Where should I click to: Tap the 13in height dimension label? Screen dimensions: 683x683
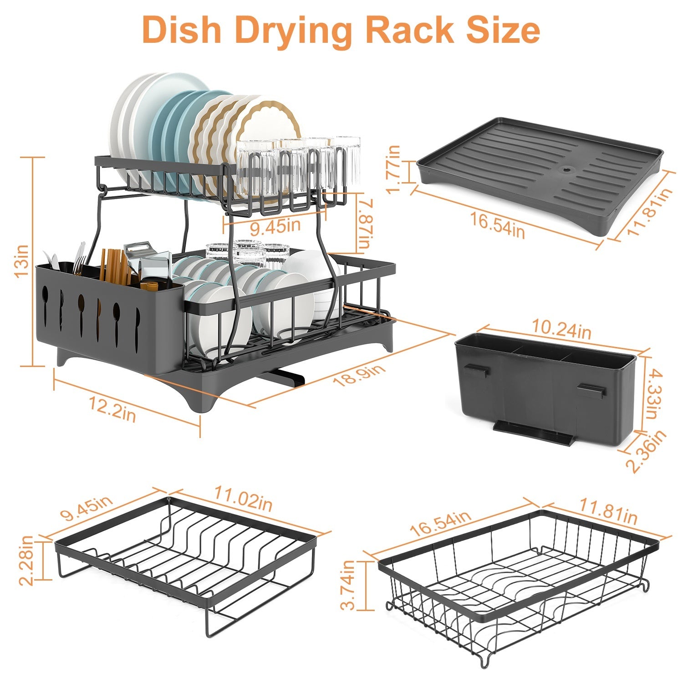point(21,261)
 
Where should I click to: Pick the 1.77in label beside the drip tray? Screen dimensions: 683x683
point(394,168)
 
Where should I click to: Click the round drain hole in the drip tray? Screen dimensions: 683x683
point(566,169)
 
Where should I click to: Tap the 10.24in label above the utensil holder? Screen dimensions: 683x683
point(561,330)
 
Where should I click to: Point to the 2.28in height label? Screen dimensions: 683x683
point(26,560)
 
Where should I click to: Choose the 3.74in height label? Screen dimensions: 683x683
point(349,585)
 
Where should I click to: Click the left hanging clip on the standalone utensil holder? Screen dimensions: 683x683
point(477,371)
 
